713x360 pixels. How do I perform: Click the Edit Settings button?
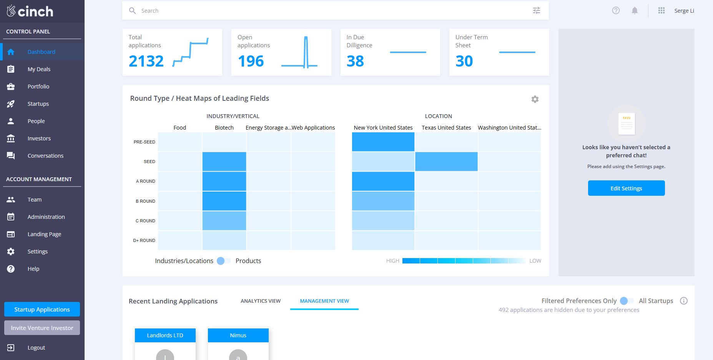[626, 188]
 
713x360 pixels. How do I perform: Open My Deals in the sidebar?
[39, 69]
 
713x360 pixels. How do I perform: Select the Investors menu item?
[39, 138]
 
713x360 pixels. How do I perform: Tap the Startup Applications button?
[42, 309]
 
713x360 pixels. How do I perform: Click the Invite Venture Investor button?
[42, 328]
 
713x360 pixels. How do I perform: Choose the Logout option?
[36, 348]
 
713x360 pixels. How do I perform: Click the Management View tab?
[324, 301]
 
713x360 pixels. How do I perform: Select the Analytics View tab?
[261, 301]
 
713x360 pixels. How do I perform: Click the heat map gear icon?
[535, 99]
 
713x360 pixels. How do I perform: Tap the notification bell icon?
[635, 11]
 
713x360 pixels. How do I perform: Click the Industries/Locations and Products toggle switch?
[223, 261]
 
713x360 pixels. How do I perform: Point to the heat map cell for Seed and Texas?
[446, 162]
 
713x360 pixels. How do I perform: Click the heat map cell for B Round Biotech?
[224, 201]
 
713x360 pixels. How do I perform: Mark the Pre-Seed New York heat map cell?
[383, 142]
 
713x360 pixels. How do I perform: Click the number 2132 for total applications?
[146, 61]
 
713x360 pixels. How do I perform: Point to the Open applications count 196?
[251, 61]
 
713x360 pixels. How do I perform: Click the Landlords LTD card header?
[165, 335]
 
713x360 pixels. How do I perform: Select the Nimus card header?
[238, 335]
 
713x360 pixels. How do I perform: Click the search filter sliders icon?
[537, 11]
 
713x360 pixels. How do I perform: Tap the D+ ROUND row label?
[144, 240]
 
